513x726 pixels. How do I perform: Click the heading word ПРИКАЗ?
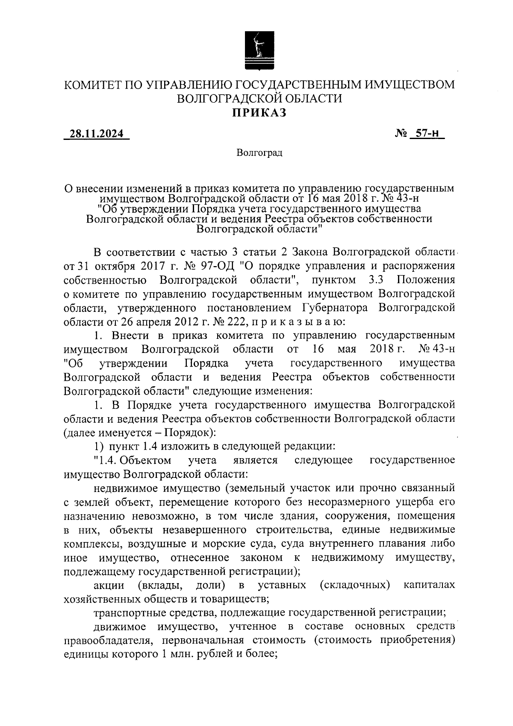pos(259,113)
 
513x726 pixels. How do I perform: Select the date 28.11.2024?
pos(97,134)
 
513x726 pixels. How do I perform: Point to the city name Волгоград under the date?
pos(259,153)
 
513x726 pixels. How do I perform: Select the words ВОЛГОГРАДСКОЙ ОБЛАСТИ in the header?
pos(259,98)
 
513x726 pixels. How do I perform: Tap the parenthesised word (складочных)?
pos(355,585)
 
